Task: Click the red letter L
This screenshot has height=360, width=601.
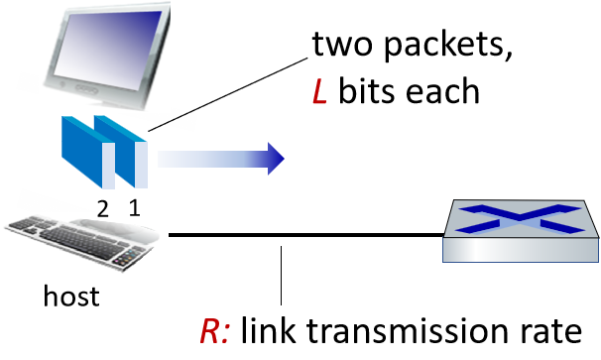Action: point(319,91)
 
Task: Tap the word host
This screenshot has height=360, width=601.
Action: point(71,296)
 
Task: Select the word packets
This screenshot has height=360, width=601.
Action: point(447,45)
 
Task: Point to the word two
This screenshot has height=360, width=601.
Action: point(342,45)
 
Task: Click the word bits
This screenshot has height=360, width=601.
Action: point(366,90)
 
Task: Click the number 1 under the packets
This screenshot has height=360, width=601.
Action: point(134,208)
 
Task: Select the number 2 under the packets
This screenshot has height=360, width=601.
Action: point(102,208)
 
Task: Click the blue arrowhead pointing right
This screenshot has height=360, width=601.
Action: point(276,159)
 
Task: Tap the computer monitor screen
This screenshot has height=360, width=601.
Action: point(109,49)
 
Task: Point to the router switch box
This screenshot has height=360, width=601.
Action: point(521,231)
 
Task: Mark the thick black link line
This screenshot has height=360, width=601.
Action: point(305,235)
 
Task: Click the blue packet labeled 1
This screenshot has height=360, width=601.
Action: point(121,152)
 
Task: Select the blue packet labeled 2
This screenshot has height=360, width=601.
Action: point(88,152)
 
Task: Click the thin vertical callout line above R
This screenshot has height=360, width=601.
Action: point(281,276)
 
